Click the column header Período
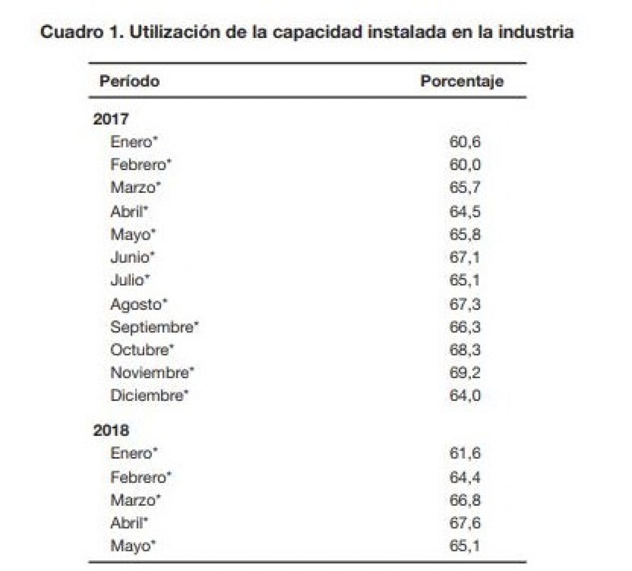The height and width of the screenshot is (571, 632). (129, 81)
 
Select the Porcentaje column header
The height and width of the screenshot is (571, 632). (462, 81)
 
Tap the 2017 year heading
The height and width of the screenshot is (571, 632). (111, 119)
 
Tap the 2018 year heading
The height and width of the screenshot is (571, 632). (111, 430)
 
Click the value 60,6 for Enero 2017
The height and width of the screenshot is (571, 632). (465, 142)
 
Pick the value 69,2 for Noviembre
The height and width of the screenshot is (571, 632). (465, 372)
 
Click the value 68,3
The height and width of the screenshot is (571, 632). (465, 350)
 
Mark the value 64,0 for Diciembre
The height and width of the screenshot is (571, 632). (465, 395)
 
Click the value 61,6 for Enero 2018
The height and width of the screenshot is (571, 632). (465, 453)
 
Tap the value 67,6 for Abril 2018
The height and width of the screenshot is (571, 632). (465, 523)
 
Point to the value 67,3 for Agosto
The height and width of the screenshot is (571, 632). (465, 304)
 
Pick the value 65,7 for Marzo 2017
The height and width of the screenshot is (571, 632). (465, 188)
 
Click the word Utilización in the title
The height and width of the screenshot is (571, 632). (173, 32)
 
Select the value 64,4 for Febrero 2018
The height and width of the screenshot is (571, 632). (465, 477)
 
